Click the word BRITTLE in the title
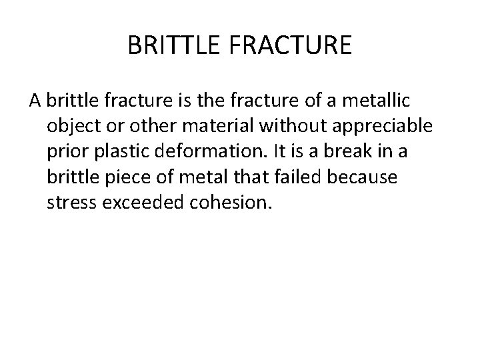pyautogui.click(x=169, y=46)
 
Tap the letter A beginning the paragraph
pyautogui.click(x=35, y=101)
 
